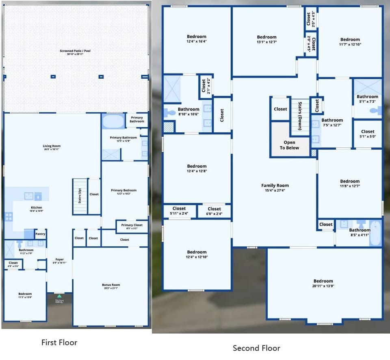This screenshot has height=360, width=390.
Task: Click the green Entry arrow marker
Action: tap(59, 296)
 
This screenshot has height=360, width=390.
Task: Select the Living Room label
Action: tap(52, 147)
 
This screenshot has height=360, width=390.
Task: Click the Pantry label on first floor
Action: tap(40, 234)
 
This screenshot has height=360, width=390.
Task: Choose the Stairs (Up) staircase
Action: tap(80, 196)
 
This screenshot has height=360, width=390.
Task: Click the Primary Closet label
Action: tap(132, 226)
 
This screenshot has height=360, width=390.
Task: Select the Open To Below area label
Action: tap(289, 145)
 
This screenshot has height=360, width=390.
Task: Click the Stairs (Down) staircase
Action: tap(299, 117)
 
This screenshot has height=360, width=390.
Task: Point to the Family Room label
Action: tap(275, 188)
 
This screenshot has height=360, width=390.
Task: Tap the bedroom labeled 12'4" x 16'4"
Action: tap(197, 39)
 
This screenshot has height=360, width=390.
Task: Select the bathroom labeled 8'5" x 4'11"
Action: tap(360, 232)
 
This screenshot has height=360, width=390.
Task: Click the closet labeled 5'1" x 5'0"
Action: tap(368, 134)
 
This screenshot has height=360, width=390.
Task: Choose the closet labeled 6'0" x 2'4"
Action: tap(214, 211)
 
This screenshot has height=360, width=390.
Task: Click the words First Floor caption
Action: tap(59, 342)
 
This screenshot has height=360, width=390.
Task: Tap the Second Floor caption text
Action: tap(256, 348)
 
